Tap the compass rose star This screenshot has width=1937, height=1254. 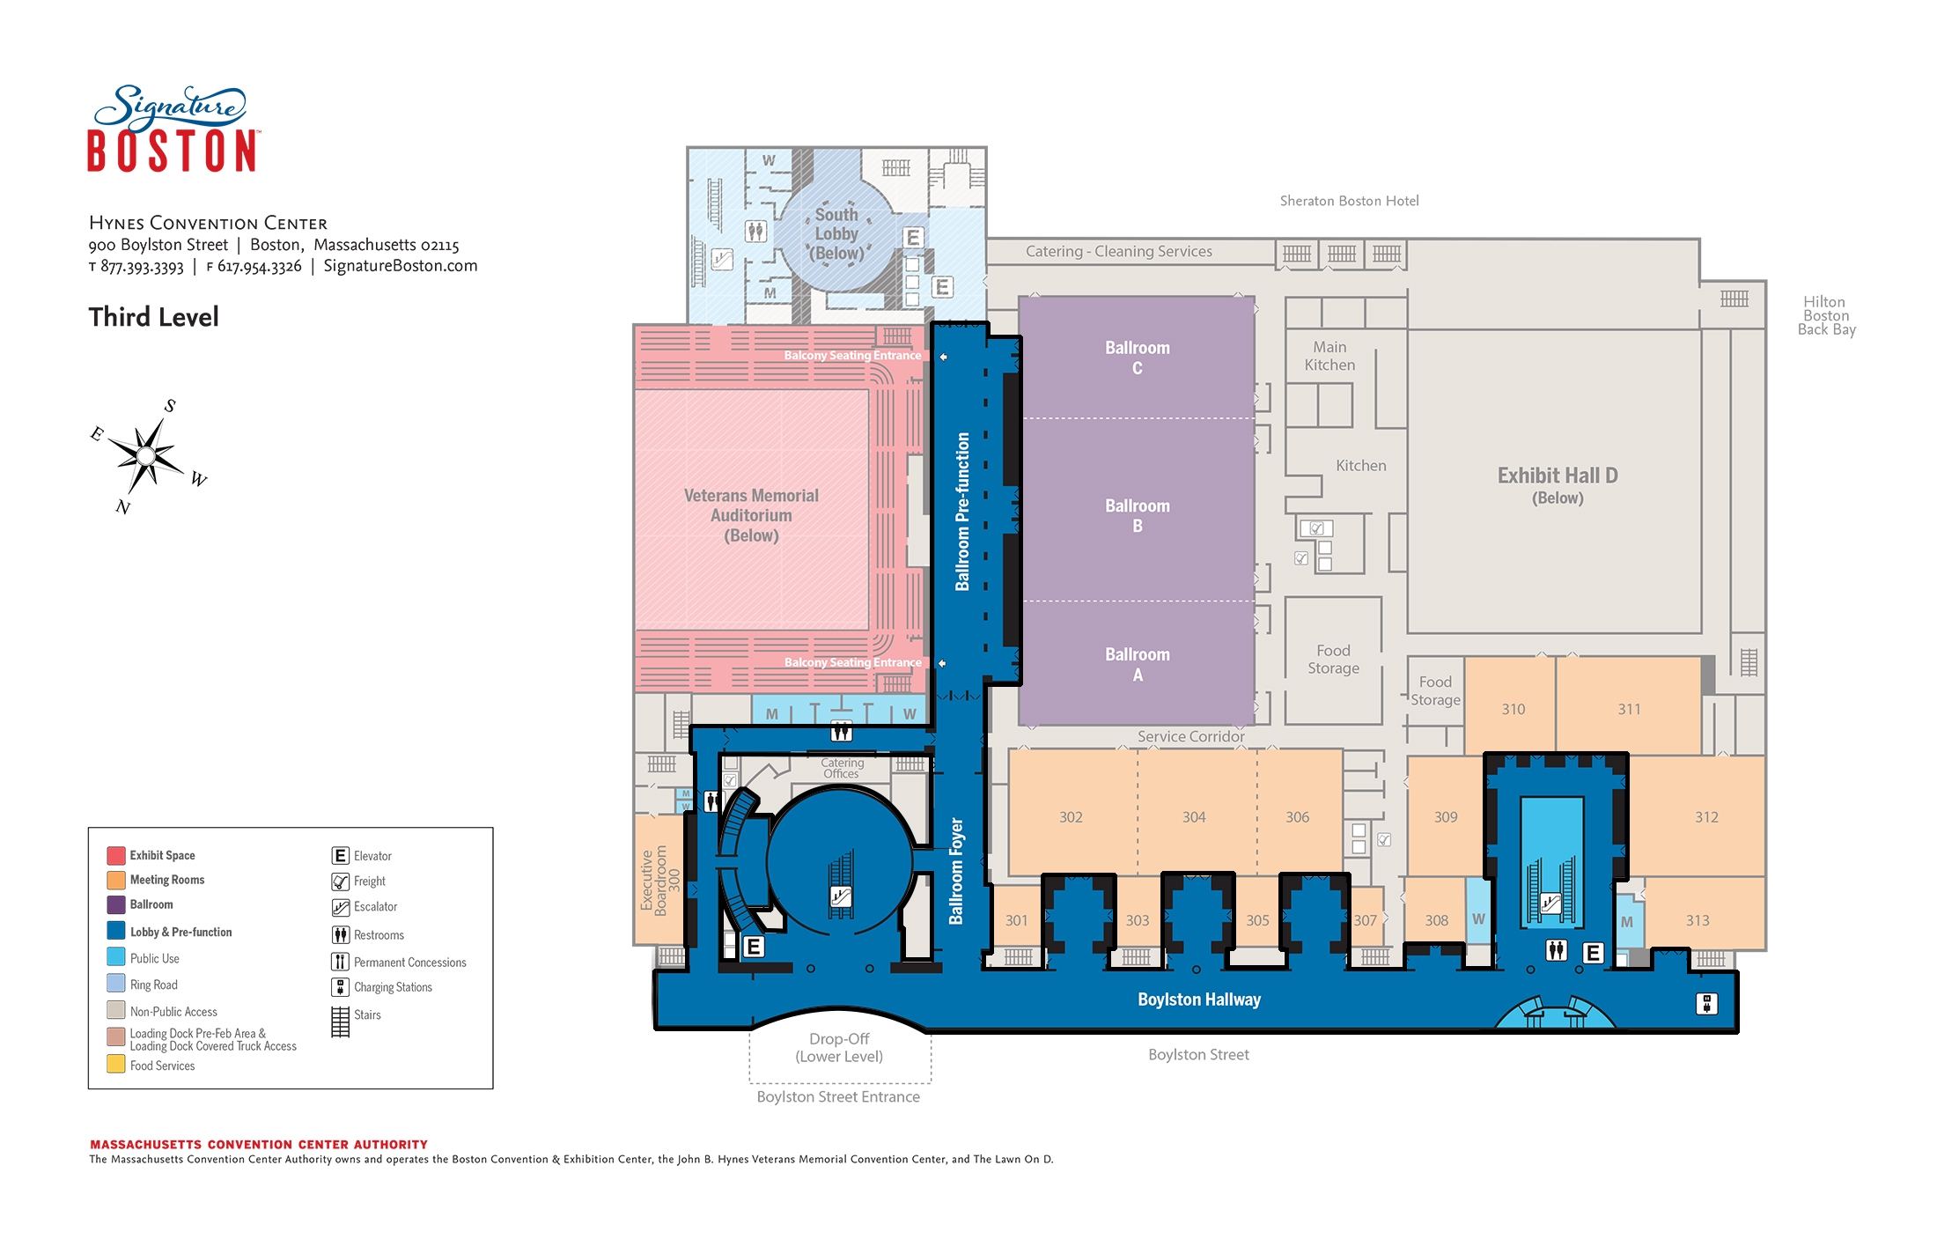[x=146, y=455]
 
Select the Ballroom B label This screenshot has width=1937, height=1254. [x=1138, y=515]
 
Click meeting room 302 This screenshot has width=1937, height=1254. [x=1071, y=817]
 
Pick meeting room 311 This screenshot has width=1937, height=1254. [x=1629, y=709]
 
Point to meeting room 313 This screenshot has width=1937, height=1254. [x=1698, y=920]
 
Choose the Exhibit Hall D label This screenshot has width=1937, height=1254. [x=1558, y=485]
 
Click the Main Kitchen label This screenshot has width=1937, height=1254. [x=1329, y=356]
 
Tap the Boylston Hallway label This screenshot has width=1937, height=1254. [x=1199, y=1000]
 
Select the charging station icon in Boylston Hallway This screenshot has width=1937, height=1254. [x=1706, y=1003]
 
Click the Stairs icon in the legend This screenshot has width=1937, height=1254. [x=341, y=1022]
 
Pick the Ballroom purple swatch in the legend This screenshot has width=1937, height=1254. [x=116, y=904]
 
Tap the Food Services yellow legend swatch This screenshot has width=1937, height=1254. [x=116, y=1064]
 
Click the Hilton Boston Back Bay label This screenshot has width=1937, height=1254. [x=1826, y=315]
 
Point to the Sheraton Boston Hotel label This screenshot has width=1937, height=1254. [x=1349, y=201]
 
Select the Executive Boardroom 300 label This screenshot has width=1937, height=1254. [x=660, y=881]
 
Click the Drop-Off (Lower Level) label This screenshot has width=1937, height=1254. [x=839, y=1047]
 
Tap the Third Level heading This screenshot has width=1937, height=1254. [x=153, y=317]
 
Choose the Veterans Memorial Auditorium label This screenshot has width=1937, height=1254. [x=751, y=515]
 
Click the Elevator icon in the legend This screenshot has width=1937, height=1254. [x=341, y=855]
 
